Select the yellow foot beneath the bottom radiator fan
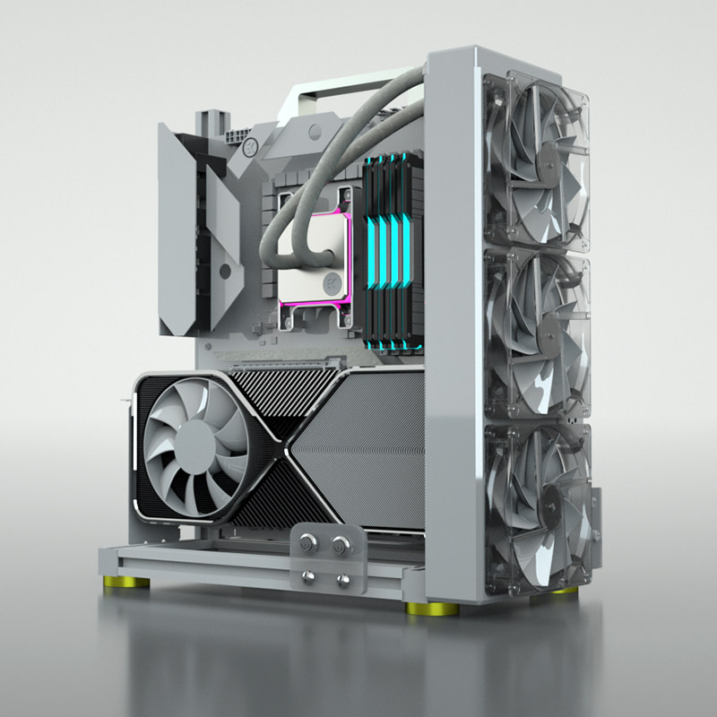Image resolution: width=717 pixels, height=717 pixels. (563, 591)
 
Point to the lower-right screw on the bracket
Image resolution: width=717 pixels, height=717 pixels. (342, 579)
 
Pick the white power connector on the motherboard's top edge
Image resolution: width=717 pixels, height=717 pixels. (236, 139)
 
